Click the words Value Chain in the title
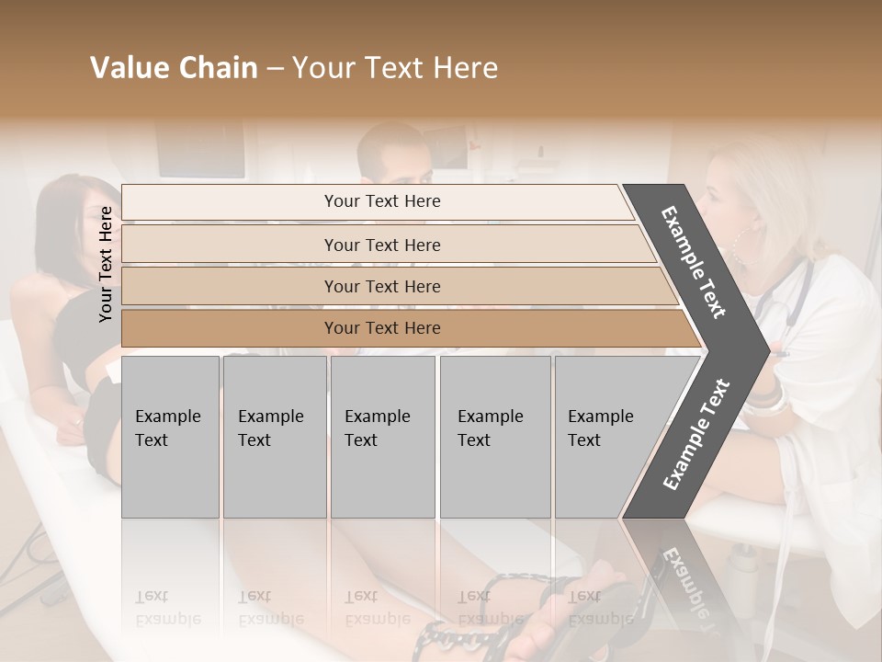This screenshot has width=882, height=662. (x=174, y=68)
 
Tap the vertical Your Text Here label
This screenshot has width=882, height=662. (x=106, y=264)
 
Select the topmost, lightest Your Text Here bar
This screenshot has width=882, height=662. (x=381, y=201)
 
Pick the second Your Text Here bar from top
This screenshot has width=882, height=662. (x=381, y=245)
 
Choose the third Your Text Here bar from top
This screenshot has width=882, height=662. (x=381, y=286)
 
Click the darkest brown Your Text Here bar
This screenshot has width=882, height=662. (x=381, y=328)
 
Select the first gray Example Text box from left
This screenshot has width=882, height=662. (x=170, y=437)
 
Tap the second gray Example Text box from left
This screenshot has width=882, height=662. (x=274, y=437)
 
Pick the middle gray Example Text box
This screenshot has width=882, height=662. (x=382, y=437)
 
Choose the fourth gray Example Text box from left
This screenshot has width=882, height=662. (x=494, y=437)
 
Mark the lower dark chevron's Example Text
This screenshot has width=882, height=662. (x=696, y=435)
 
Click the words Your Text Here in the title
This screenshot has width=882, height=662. (x=395, y=68)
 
